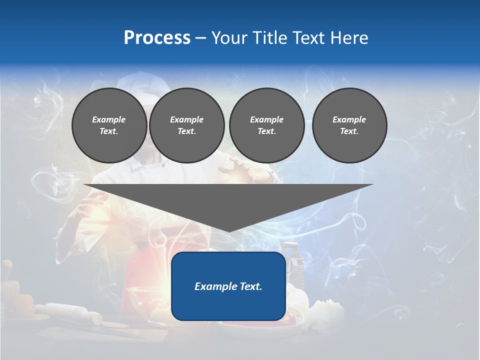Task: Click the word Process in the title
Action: (x=157, y=38)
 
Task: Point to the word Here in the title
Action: (x=348, y=38)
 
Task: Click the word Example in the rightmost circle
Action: (x=349, y=119)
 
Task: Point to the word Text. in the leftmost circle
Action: (x=109, y=131)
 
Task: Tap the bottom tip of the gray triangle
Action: (x=228, y=230)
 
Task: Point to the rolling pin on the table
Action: (x=70, y=313)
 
